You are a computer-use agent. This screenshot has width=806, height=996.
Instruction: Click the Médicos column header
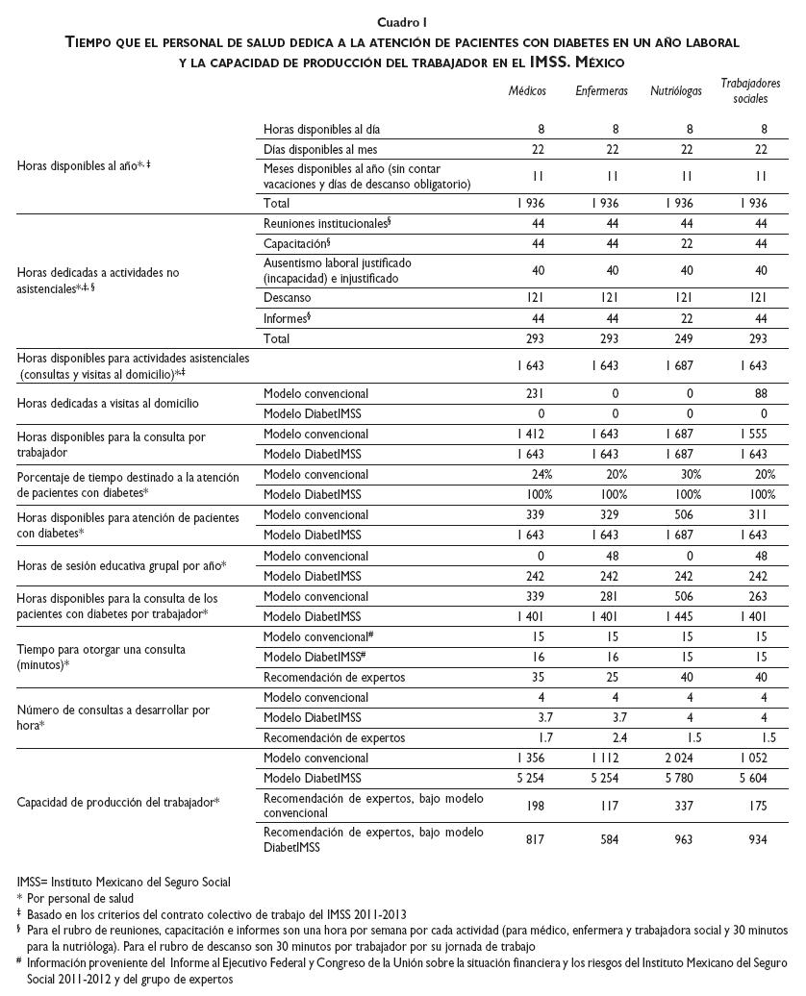[527, 90]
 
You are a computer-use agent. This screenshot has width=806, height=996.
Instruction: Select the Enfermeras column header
[601, 90]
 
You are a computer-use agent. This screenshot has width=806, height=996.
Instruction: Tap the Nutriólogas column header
[675, 90]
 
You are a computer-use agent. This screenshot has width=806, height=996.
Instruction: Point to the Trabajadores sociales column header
[750, 90]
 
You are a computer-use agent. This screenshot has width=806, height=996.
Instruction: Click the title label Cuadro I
[403, 22]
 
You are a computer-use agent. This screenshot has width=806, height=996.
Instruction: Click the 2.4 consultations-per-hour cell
[609, 737]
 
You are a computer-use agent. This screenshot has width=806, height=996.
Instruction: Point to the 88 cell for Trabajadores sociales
[760, 393]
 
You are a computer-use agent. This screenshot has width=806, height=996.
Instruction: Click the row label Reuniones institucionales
[325, 223]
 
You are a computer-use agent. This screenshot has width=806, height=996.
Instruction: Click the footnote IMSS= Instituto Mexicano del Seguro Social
[124, 882]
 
